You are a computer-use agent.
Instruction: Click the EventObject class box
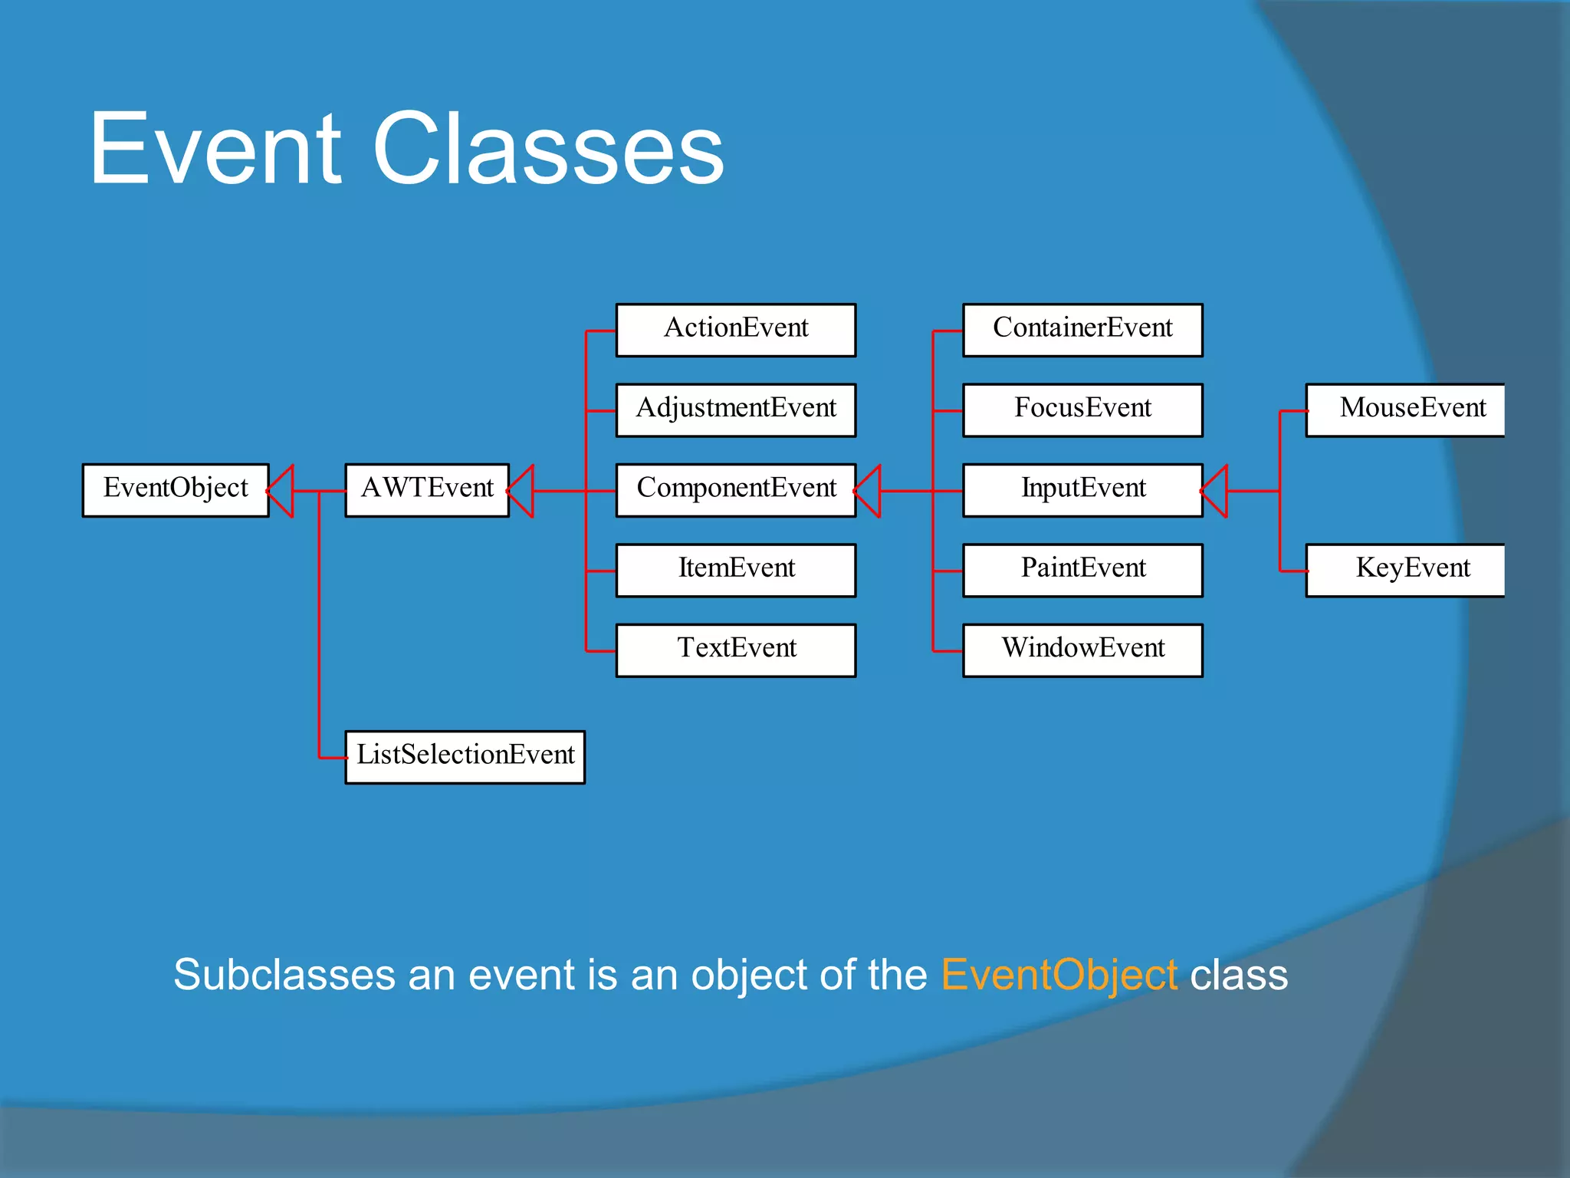click(x=176, y=490)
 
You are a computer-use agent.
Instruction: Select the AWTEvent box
click(x=427, y=490)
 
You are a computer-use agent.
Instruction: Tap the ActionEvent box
click(x=736, y=330)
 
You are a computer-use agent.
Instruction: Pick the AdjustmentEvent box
click(x=736, y=410)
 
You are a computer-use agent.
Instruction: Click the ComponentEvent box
click(x=736, y=490)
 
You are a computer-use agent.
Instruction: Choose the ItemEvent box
click(x=736, y=570)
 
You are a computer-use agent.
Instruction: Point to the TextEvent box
click(x=736, y=650)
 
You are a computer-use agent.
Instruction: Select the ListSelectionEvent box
click(x=465, y=757)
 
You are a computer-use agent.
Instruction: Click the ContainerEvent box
click(x=1082, y=330)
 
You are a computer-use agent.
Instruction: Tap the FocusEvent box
click(x=1082, y=410)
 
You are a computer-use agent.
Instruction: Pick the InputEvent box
click(x=1082, y=490)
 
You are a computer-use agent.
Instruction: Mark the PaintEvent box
click(x=1082, y=570)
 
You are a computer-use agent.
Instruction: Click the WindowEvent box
click(x=1082, y=650)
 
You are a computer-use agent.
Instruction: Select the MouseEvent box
click(x=1405, y=410)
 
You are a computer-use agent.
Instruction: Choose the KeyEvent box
click(x=1405, y=570)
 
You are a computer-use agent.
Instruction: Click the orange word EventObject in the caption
click(x=1059, y=976)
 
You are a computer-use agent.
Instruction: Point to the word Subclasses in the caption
click(x=284, y=976)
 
